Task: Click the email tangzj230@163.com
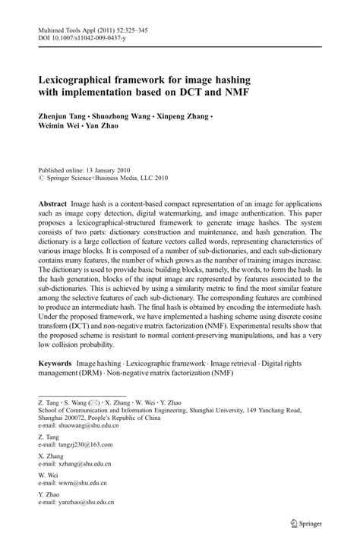tap(84, 444)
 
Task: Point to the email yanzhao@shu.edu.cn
tap(85, 503)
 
